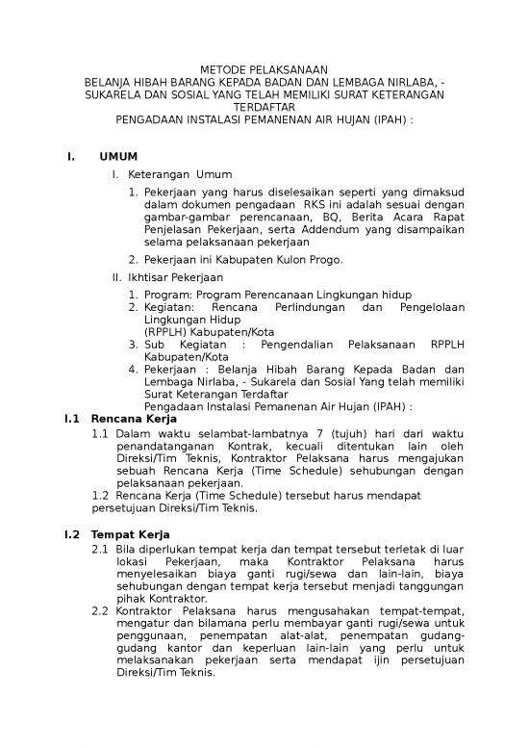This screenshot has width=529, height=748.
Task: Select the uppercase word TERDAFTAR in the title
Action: click(264, 109)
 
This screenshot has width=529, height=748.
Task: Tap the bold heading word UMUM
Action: click(118, 156)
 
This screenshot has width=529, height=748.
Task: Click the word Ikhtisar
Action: click(150, 277)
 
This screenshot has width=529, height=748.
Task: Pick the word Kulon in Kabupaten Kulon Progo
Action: click(291, 260)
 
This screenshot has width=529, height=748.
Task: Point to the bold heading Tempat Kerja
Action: click(130, 533)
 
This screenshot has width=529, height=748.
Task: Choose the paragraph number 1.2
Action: click(101, 495)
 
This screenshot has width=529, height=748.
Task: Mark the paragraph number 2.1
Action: click(100, 548)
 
